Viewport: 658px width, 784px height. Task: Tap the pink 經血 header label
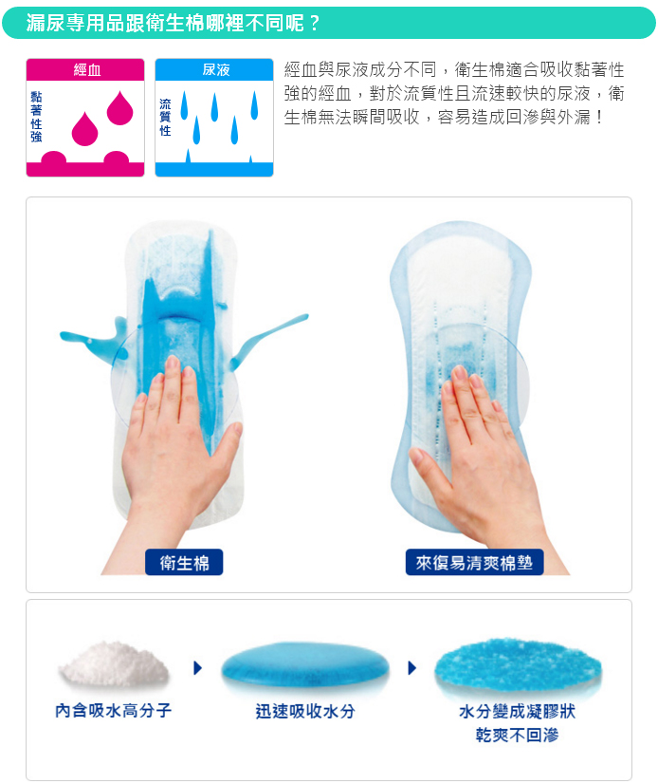(85, 70)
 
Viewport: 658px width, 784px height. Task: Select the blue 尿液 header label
(214, 70)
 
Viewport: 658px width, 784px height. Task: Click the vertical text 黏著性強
(36, 117)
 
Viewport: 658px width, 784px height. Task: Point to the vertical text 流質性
(165, 117)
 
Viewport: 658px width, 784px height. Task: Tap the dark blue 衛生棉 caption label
(184, 562)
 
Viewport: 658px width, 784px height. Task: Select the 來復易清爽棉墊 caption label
(474, 562)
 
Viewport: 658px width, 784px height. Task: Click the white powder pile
(114, 664)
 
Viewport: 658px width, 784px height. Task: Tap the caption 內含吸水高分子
(114, 711)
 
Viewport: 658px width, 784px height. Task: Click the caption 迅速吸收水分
(304, 711)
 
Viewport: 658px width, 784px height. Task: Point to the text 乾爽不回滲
(517, 736)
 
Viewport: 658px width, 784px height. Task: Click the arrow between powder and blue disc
(197, 668)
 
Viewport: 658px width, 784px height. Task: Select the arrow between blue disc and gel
(411, 668)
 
